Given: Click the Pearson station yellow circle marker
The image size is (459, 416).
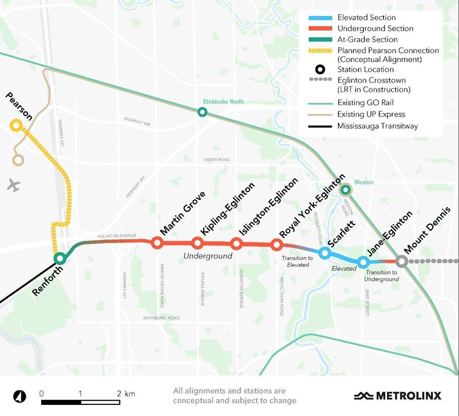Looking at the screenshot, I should [x=16, y=125].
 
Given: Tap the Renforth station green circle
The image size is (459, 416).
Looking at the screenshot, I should [x=59, y=258].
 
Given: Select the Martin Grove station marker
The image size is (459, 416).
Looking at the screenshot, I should [x=157, y=242].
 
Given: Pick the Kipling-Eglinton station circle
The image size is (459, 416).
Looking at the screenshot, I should [x=198, y=242].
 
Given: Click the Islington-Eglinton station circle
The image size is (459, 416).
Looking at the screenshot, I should [x=236, y=243].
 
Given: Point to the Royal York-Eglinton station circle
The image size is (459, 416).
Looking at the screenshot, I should [x=277, y=244].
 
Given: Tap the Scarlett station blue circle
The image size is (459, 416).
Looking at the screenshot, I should [x=325, y=253].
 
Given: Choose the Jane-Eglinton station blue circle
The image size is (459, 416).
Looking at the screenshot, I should [x=363, y=262].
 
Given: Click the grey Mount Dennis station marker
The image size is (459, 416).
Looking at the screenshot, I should [x=402, y=261].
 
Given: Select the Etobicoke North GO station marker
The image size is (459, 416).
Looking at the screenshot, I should [x=202, y=111].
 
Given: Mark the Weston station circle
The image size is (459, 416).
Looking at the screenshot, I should [x=345, y=189].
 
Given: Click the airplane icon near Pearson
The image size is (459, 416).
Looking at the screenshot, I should [x=14, y=185].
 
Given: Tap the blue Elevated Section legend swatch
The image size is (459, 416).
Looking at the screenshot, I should [x=320, y=18].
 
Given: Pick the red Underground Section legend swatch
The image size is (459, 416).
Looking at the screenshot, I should [x=320, y=29].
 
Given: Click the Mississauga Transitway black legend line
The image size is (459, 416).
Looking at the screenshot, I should [x=320, y=126].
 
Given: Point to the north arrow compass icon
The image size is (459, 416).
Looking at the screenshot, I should [x=20, y=396].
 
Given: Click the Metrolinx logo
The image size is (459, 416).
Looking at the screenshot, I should [x=397, y=396].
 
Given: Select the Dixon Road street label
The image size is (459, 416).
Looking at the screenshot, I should [x=217, y=160].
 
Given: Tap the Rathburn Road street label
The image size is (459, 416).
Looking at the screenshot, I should [x=161, y=318].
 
